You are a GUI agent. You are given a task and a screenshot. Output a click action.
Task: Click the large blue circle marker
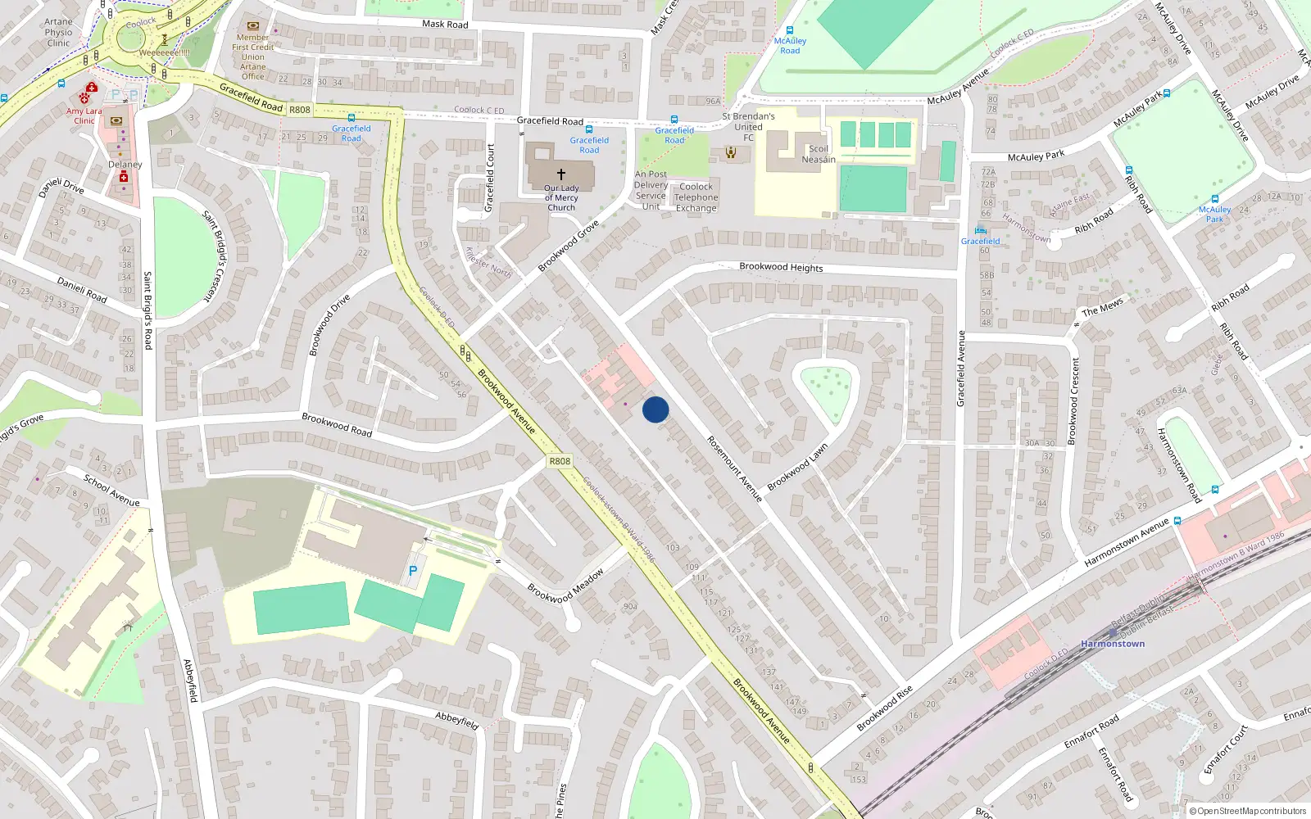[655, 409]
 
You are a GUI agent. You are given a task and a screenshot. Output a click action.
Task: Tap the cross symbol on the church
[561, 174]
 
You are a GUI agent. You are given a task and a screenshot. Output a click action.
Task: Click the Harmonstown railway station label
[1112, 644]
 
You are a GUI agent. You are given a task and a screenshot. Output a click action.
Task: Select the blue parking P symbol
[413, 571]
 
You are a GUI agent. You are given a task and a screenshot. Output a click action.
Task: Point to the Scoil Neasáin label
[819, 154]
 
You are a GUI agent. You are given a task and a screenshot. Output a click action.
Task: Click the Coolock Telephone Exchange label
[696, 197]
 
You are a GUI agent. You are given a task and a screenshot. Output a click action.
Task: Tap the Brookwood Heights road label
[781, 267]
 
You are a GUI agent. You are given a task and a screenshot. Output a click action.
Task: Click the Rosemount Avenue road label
[734, 468]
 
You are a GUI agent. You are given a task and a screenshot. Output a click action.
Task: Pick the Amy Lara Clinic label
[84, 115]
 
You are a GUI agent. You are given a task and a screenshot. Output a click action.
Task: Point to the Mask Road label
[445, 25]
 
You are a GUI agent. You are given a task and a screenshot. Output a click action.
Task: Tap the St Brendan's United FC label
[748, 127]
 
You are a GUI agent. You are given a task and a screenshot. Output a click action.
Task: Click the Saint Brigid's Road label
[147, 310]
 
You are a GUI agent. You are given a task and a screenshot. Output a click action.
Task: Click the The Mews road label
[1102, 308]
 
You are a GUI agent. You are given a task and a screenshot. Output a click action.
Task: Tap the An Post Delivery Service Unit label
[651, 190]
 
